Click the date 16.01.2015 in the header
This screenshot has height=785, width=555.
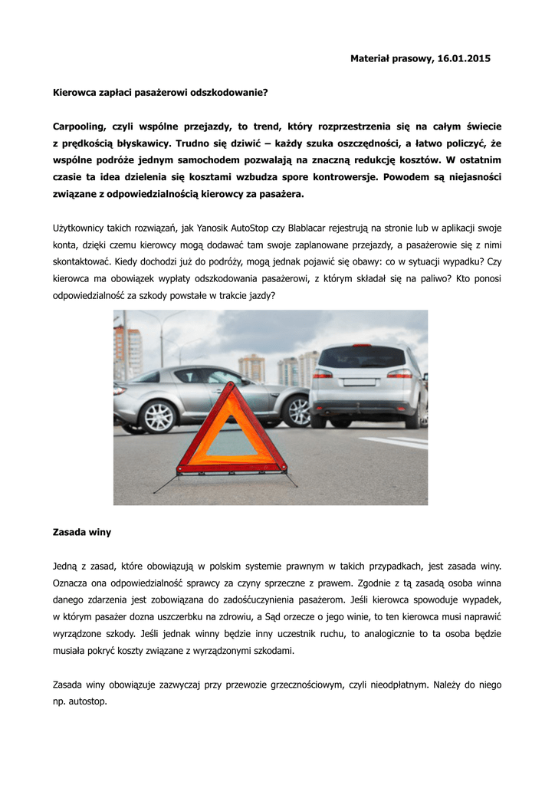click(x=462, y=58)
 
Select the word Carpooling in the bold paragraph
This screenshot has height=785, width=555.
click(x=80, y=126)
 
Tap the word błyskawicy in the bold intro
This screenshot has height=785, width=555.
click(x=143, y=143)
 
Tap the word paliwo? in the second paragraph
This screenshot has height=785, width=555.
click(x=432, y=279)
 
